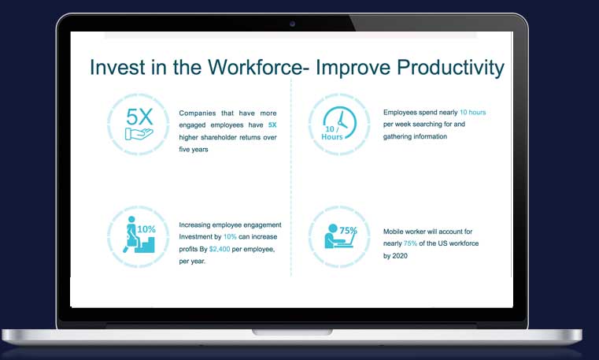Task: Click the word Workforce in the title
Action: (x=255, y=67)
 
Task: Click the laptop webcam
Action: (x=292, y=24)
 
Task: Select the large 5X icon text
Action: (x=139, y=117)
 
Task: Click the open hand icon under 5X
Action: (x=139, y=134)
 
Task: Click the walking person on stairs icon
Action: (x=139, y=235)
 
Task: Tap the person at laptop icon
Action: (x=339, y=236)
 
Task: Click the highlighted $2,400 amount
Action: (x=220, y=249)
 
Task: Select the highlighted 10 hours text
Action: (x=472, y=113)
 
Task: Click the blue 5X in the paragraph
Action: (x=272, y=125)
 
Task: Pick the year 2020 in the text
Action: (x=400, y=256)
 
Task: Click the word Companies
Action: (x=197, y=113)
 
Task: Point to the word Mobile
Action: (x=393, y=232)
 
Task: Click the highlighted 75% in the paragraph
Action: (x=410, y=243)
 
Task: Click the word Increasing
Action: (x=194, y=225)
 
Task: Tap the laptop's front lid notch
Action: (x=292, y=332)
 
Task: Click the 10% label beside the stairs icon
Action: (x=146, y=229)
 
